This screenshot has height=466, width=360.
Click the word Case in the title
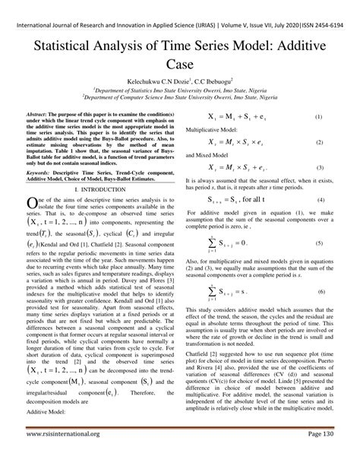179,68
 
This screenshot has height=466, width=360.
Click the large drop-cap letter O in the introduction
32,201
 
